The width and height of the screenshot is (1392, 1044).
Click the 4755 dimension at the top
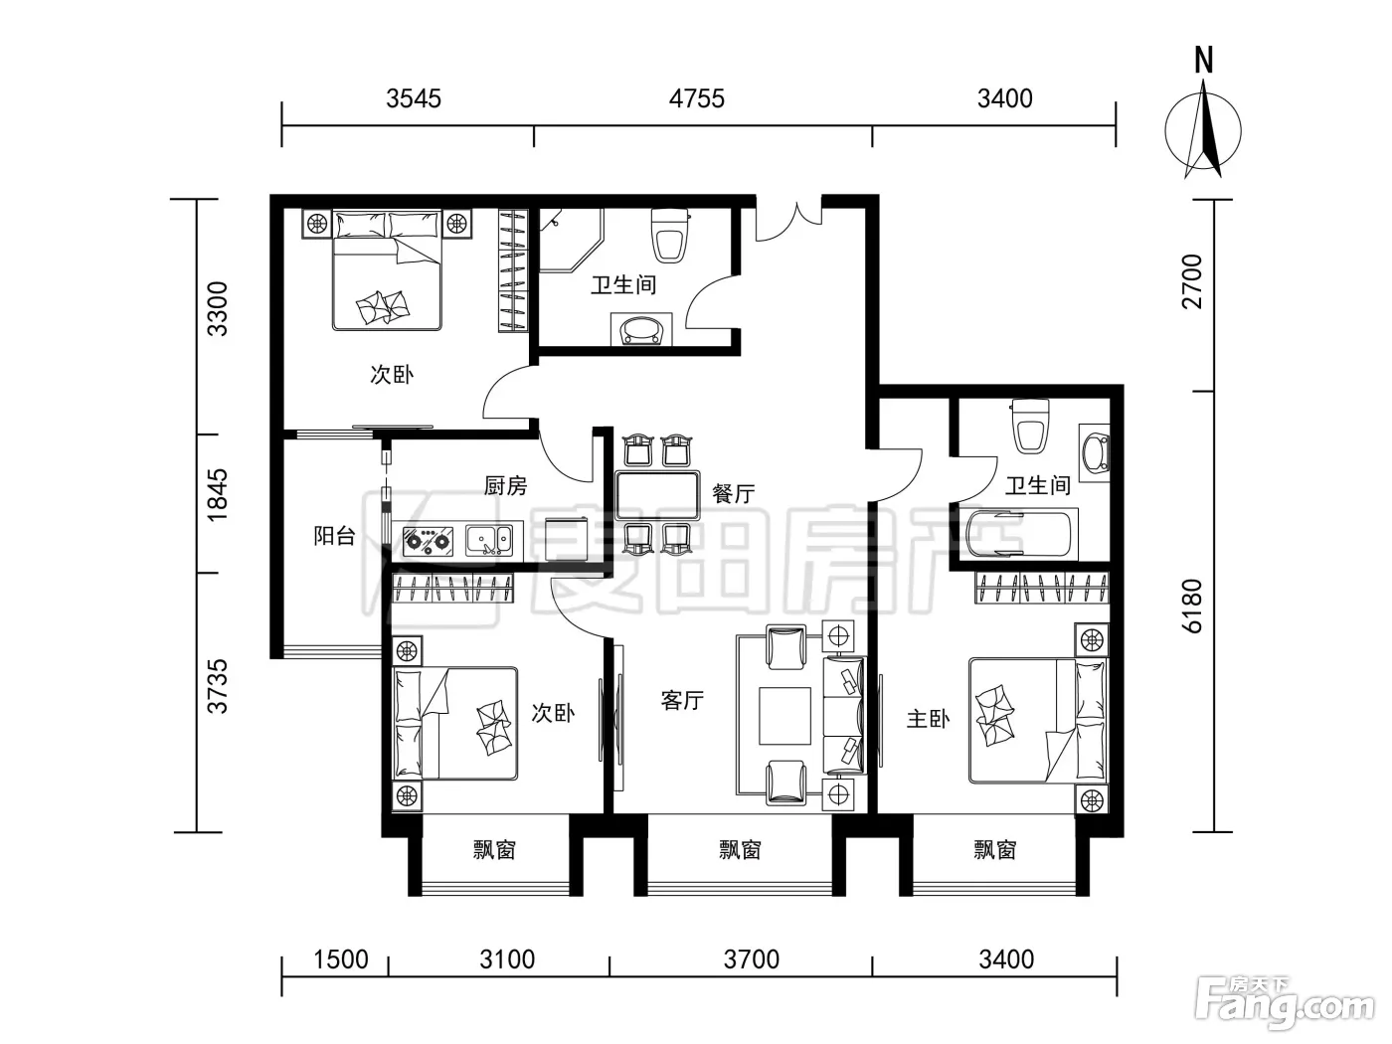click(696, 98)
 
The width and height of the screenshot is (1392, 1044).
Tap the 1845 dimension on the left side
click(217, 494)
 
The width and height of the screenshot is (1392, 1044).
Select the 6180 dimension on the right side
click(1192, 606)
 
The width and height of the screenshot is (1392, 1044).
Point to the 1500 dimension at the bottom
click(341, 959)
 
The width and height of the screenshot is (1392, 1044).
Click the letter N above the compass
click(1204, 61)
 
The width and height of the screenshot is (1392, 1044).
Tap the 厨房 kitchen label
click(505, 486)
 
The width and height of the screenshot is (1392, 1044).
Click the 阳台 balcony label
click(334, 536)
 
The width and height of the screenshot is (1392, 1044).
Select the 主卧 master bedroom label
click(929, 719)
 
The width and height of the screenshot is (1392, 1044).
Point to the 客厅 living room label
click(682, 700)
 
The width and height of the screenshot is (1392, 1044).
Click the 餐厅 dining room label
click(734, 494)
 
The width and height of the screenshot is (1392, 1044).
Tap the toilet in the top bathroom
click(670, 236)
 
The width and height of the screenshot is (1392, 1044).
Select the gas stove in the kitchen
click(429, 542)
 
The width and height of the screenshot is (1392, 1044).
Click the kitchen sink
click(489, 541)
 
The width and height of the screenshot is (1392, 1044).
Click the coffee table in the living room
click(784, 716)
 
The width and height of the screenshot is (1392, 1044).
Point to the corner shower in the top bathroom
click(570, 241)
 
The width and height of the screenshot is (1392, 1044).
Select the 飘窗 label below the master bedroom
click(995, 850)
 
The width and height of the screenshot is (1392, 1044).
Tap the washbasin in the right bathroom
click(1095, 453)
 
